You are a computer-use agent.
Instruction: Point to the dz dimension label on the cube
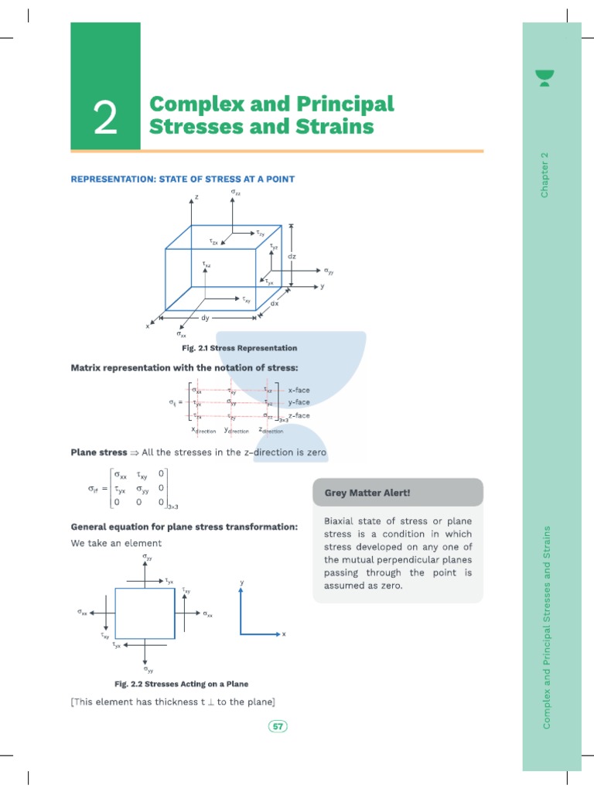(x=292, y=255)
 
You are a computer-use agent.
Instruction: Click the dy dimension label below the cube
(x=205, y=318)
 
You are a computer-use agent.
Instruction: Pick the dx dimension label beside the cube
(x=275, y=303)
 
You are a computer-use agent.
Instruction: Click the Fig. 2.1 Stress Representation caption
(x=239, y=348)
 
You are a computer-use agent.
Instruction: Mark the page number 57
(x=277, y=725)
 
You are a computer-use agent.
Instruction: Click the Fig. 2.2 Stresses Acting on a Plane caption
(x=181, y=684)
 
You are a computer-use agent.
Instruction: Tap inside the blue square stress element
(x=145, y=611)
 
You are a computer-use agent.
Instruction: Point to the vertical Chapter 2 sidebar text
(x=544, y=174)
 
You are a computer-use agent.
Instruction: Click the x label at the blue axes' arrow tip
(x=284, y=635)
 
